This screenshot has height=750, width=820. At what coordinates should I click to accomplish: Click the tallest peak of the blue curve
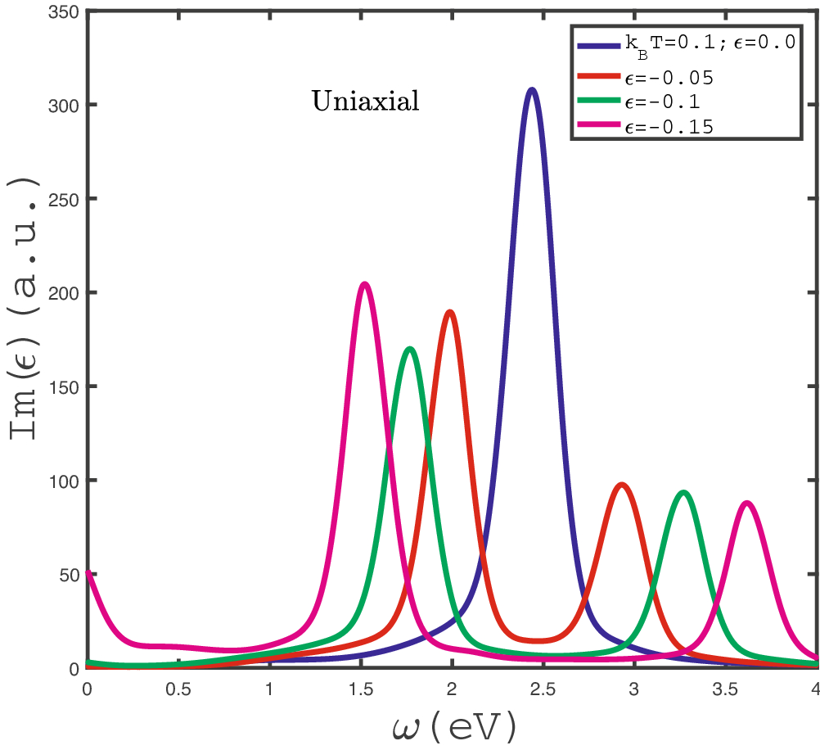coord(532,89)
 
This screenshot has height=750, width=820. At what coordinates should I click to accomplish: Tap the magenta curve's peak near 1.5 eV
coord(364,284)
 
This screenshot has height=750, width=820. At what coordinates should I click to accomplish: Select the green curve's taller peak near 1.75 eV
coord(409,349)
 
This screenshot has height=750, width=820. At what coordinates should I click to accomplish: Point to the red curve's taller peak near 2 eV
coord(449,312)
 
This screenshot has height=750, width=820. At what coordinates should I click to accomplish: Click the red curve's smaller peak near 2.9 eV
coord(621,485)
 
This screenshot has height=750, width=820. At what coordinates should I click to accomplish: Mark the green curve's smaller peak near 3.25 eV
coord(683,492)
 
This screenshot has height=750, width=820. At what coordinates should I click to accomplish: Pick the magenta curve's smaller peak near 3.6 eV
coord(746,503)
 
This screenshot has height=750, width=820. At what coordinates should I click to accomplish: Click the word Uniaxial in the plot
coord(365,102)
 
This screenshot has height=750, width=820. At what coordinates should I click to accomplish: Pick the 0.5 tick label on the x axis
coord(178,689)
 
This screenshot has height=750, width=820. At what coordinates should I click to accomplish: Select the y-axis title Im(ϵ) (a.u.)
coord(25,340)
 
